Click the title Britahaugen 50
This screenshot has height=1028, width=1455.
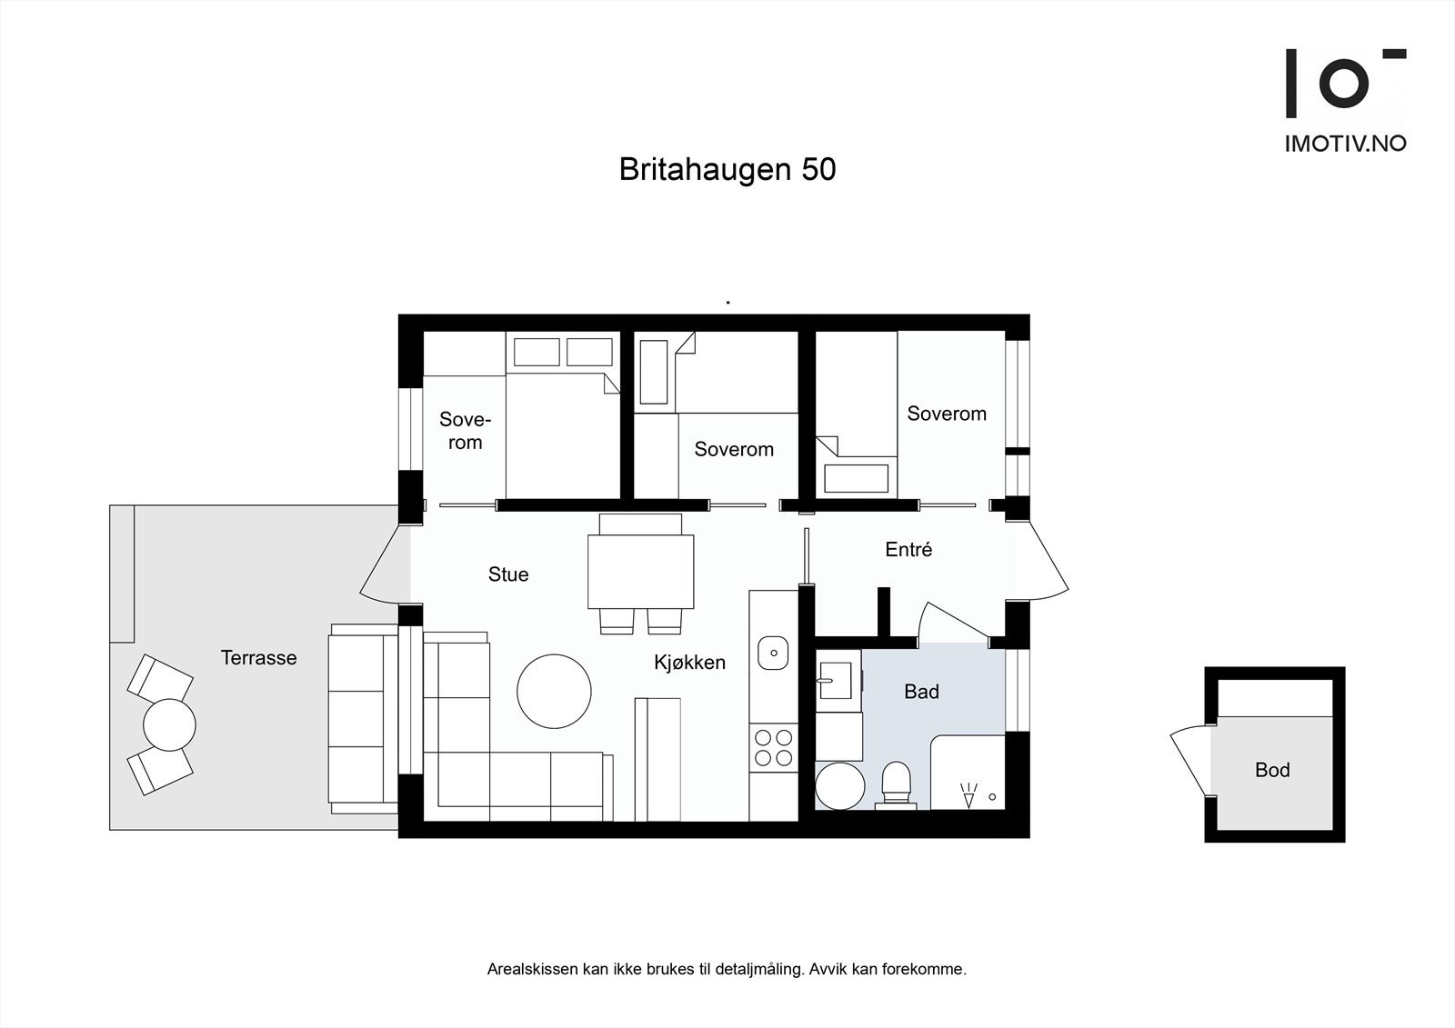tap(727, 170)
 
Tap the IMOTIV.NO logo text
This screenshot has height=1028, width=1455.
tap(1345, 144)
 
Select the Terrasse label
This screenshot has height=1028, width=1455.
tap(258, 658)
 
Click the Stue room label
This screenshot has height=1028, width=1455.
tap(507, 574)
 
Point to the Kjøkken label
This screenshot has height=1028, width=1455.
tap(689, 663)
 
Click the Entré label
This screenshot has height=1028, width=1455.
tap(908, 550)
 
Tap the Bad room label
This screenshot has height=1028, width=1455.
tap(920, 693)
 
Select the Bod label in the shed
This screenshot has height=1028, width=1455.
tap(1271, 771)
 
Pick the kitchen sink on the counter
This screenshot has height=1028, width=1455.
tap(773, 653)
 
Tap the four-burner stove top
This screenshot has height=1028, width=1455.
tap(773, 747)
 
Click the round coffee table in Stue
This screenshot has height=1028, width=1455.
tap(554, 691)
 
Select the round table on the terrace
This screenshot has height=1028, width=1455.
tap(169, 724)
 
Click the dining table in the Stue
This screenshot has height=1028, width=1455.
tap(640, 572)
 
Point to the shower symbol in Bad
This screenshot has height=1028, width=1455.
tap(968, 795)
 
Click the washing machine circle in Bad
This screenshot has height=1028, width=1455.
tap(840, 786)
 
